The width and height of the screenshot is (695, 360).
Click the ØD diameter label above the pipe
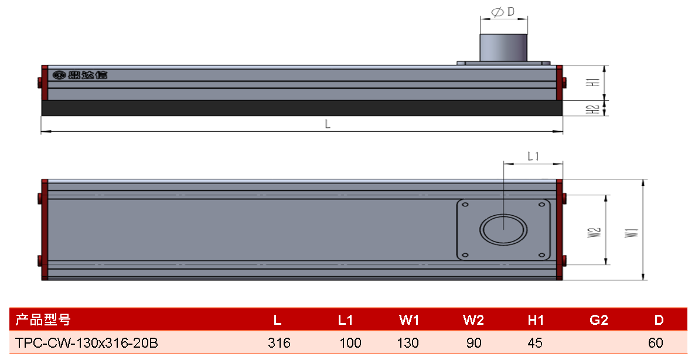(503, 12)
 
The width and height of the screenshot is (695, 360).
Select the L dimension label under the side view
(328, 124)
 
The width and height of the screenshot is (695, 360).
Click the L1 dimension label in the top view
(533, 156)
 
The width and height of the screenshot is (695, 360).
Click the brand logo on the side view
(80, 75)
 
